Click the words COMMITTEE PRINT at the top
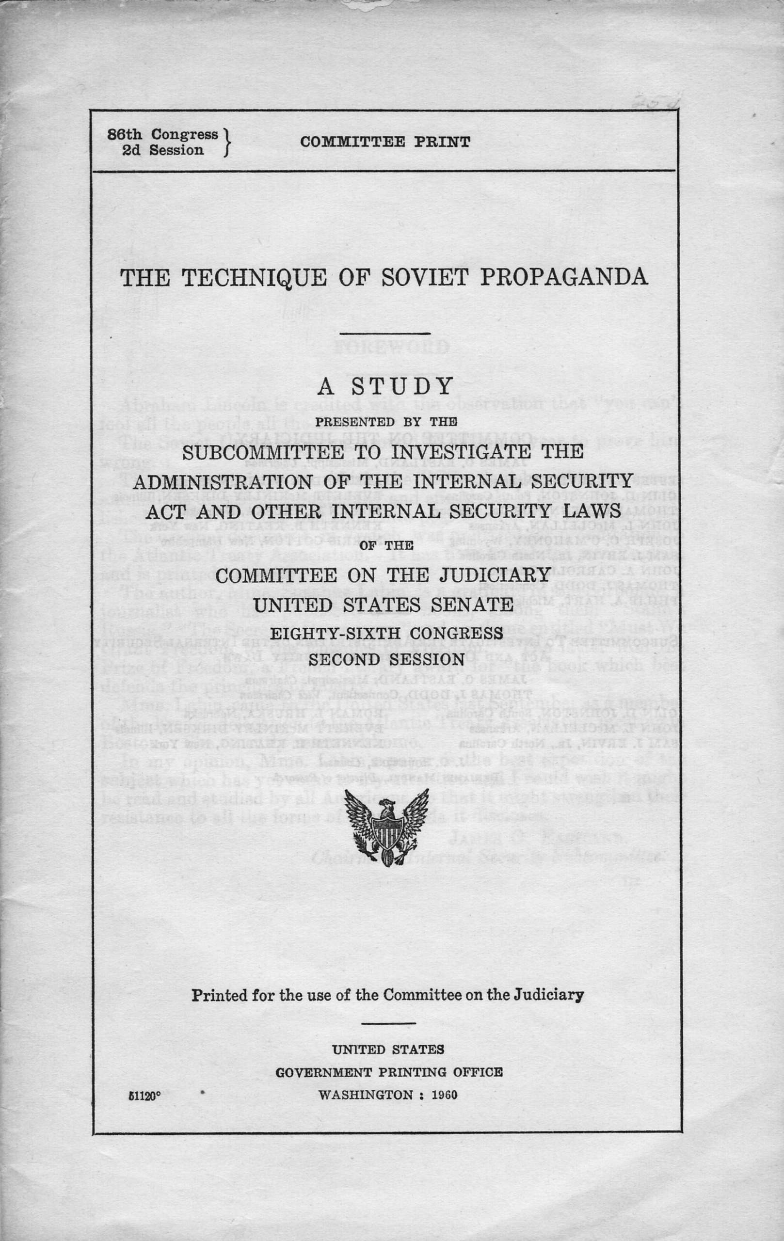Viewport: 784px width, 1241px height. tap(384, 142)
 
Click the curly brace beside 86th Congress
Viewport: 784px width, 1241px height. tap(226, 143)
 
